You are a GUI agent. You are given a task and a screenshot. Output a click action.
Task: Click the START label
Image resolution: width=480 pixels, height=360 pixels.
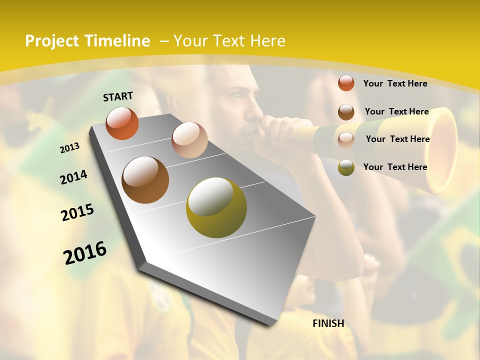click(x=118, y=96)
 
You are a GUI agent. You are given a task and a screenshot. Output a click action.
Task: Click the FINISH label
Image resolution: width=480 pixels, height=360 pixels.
click(x=328, y=323)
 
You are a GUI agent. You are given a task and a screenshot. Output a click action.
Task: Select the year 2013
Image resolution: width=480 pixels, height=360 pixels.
click(x=69, y=147)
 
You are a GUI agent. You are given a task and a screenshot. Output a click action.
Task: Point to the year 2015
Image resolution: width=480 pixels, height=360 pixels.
click(x=77, y=212)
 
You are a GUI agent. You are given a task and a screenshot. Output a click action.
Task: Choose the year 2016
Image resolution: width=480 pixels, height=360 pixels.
click(x=85, y=253)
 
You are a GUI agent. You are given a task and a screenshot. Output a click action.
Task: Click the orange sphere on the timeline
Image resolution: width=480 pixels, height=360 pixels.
click(x=122, y=123)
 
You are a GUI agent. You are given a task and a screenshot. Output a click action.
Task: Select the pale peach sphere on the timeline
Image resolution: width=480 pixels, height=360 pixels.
click(x=189, y=139)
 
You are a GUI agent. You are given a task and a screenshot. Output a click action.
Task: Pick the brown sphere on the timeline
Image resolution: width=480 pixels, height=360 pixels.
click(x=145, y=180)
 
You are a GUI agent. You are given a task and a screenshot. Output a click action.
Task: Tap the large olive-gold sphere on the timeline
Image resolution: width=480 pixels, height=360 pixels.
click(x=216, y=207)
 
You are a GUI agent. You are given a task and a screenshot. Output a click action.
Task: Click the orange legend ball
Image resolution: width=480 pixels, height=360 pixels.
click(x=346, y=83)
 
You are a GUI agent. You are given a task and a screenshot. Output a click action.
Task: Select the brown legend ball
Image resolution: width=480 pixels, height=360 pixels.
click(x=346, y=111)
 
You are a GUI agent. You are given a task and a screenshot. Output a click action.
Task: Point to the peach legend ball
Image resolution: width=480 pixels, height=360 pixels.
click(x=346, y=139)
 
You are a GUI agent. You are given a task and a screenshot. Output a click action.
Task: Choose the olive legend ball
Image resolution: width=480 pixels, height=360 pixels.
click(x=346, y=167)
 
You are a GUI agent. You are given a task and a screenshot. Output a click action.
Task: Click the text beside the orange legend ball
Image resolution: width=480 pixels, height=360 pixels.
click(x=395, y=83)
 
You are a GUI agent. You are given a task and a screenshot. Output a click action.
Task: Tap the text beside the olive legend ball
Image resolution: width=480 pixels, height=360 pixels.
click(x=395, y=167)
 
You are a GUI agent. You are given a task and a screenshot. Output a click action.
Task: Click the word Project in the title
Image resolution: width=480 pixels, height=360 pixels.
click(x=52, y=41)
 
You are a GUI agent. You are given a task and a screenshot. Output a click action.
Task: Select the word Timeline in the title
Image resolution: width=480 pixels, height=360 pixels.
click(x=117, y=41)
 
